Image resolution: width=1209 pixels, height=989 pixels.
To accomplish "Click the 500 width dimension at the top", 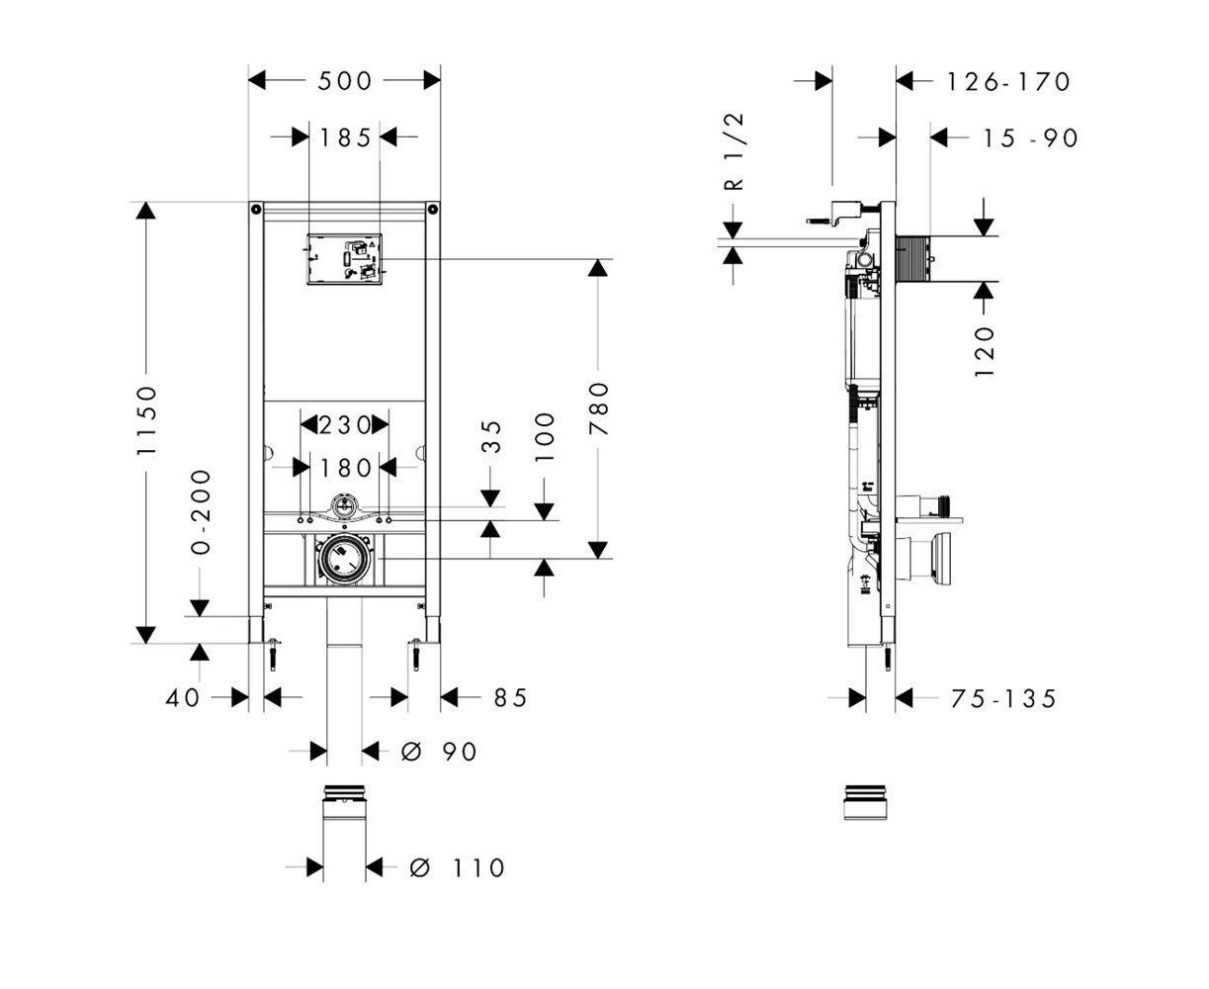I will point(344,80).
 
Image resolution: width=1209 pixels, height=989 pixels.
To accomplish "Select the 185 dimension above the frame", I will point(344,137).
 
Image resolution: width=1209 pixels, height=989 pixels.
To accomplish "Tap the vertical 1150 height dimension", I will point(147,420).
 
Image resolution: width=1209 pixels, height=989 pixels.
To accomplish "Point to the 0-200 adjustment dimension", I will point(201,511).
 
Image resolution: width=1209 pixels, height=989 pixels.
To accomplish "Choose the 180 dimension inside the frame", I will point(344,467).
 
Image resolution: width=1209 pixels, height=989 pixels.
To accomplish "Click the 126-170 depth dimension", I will point(1007,81).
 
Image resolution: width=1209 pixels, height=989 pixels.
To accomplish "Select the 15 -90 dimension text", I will point(1029,138).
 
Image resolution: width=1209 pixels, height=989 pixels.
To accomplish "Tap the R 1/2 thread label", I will point(733,150).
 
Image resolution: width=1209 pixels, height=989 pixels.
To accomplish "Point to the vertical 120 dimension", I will point(985,351).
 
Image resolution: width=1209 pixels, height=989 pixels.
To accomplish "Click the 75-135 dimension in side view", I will point(1003,699).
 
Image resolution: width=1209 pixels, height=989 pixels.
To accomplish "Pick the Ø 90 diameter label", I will point(440,753).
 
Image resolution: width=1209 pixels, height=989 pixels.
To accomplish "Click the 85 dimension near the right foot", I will point(510,698).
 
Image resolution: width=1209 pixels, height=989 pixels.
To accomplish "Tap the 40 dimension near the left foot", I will point(183,698).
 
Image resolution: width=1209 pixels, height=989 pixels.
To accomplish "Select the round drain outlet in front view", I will point(344,560).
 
